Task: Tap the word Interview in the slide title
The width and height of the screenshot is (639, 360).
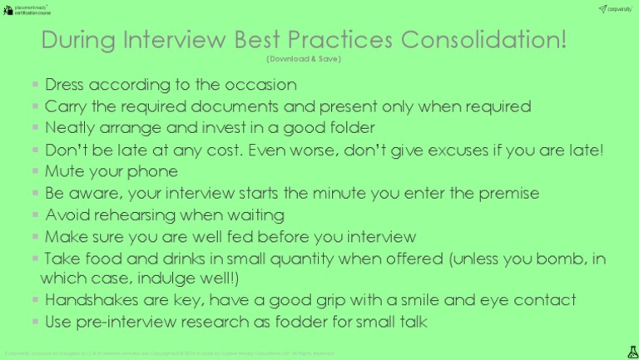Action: [x=177, y=41]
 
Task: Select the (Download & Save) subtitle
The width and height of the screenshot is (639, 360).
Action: [x=305, y=59]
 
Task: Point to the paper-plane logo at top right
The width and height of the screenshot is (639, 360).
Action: [x=602, y=8]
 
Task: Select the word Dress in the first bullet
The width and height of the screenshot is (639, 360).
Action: [x=67, y=85]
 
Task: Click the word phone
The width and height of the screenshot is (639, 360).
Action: [x=152, y=171]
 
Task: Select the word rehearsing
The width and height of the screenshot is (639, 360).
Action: [x=141, y=215]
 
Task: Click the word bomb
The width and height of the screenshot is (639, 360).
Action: [x=557, y=259]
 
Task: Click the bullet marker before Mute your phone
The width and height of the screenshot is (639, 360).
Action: [x=35, y=172]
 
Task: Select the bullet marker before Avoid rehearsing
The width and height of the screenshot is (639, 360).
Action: [x=35, y=215]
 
